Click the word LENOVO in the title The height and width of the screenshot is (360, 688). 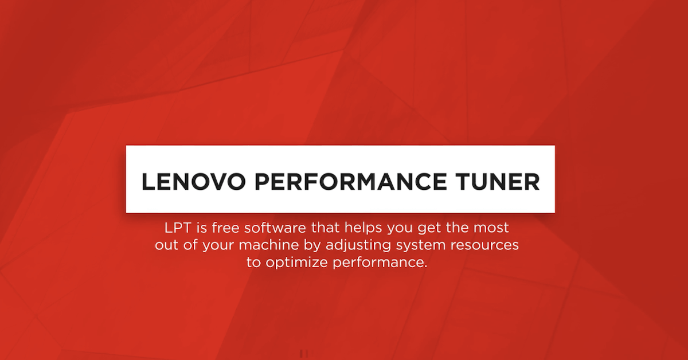click(194, 182)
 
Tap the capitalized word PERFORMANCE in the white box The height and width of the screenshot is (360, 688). click(351, 182)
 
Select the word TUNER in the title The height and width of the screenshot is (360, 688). click(498, 182)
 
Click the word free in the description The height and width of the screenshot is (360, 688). click(225, 228)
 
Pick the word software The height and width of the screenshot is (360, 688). click(275, 228)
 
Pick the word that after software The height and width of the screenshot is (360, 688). click(325, 228)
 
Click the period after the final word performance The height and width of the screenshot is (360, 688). click(425, 267)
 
